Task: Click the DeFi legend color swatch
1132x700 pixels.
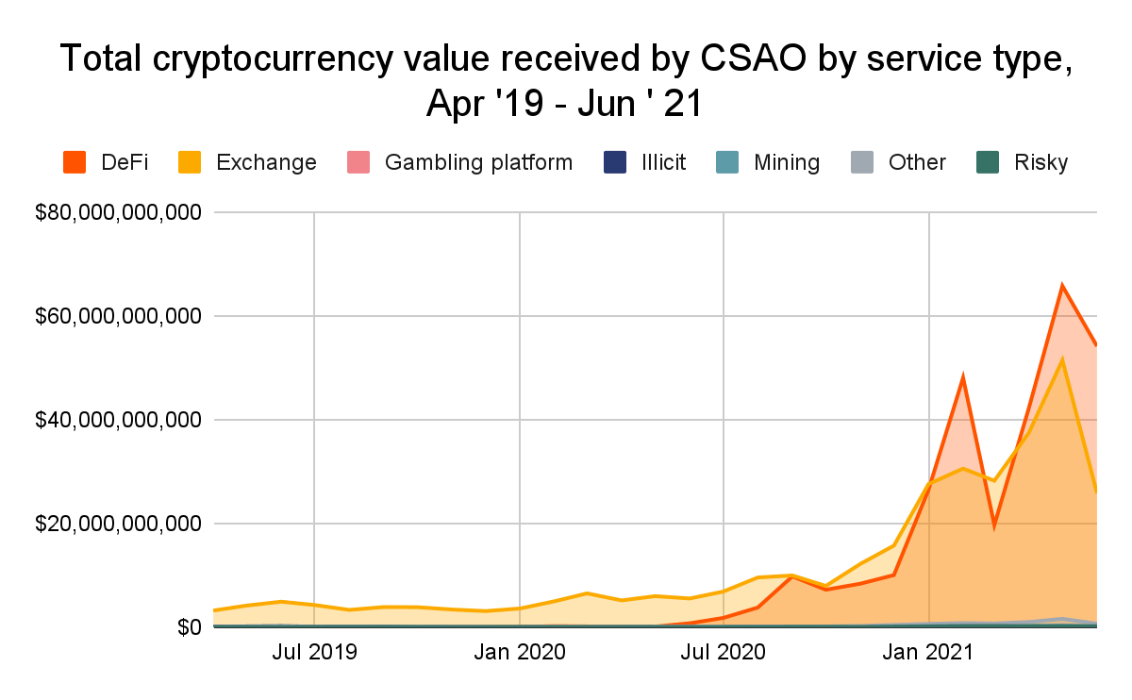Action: (75, 162)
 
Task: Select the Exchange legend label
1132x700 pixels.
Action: (266, 162)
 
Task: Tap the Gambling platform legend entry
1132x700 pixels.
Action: (478, 162)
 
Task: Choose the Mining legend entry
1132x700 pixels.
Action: (787, 162)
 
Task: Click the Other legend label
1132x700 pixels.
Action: (917, 162)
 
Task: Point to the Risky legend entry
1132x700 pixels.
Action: (1040, 162)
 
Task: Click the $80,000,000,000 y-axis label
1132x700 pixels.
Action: (118, 213)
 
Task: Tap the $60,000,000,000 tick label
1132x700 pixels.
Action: (118, 316)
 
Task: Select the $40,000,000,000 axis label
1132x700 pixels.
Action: (118, 420)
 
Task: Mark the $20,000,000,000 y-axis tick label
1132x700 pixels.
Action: (118, 524)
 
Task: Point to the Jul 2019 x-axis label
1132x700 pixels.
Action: (314, 652)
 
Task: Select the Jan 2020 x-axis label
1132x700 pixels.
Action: (520, 652)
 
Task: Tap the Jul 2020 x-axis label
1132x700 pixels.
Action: (724, 652)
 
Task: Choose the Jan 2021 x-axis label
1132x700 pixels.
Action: (930, 652)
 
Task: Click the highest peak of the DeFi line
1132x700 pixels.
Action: (1062, 286)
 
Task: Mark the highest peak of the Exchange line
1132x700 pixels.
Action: (1063, 359)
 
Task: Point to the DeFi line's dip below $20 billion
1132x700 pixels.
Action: (994, 526)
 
